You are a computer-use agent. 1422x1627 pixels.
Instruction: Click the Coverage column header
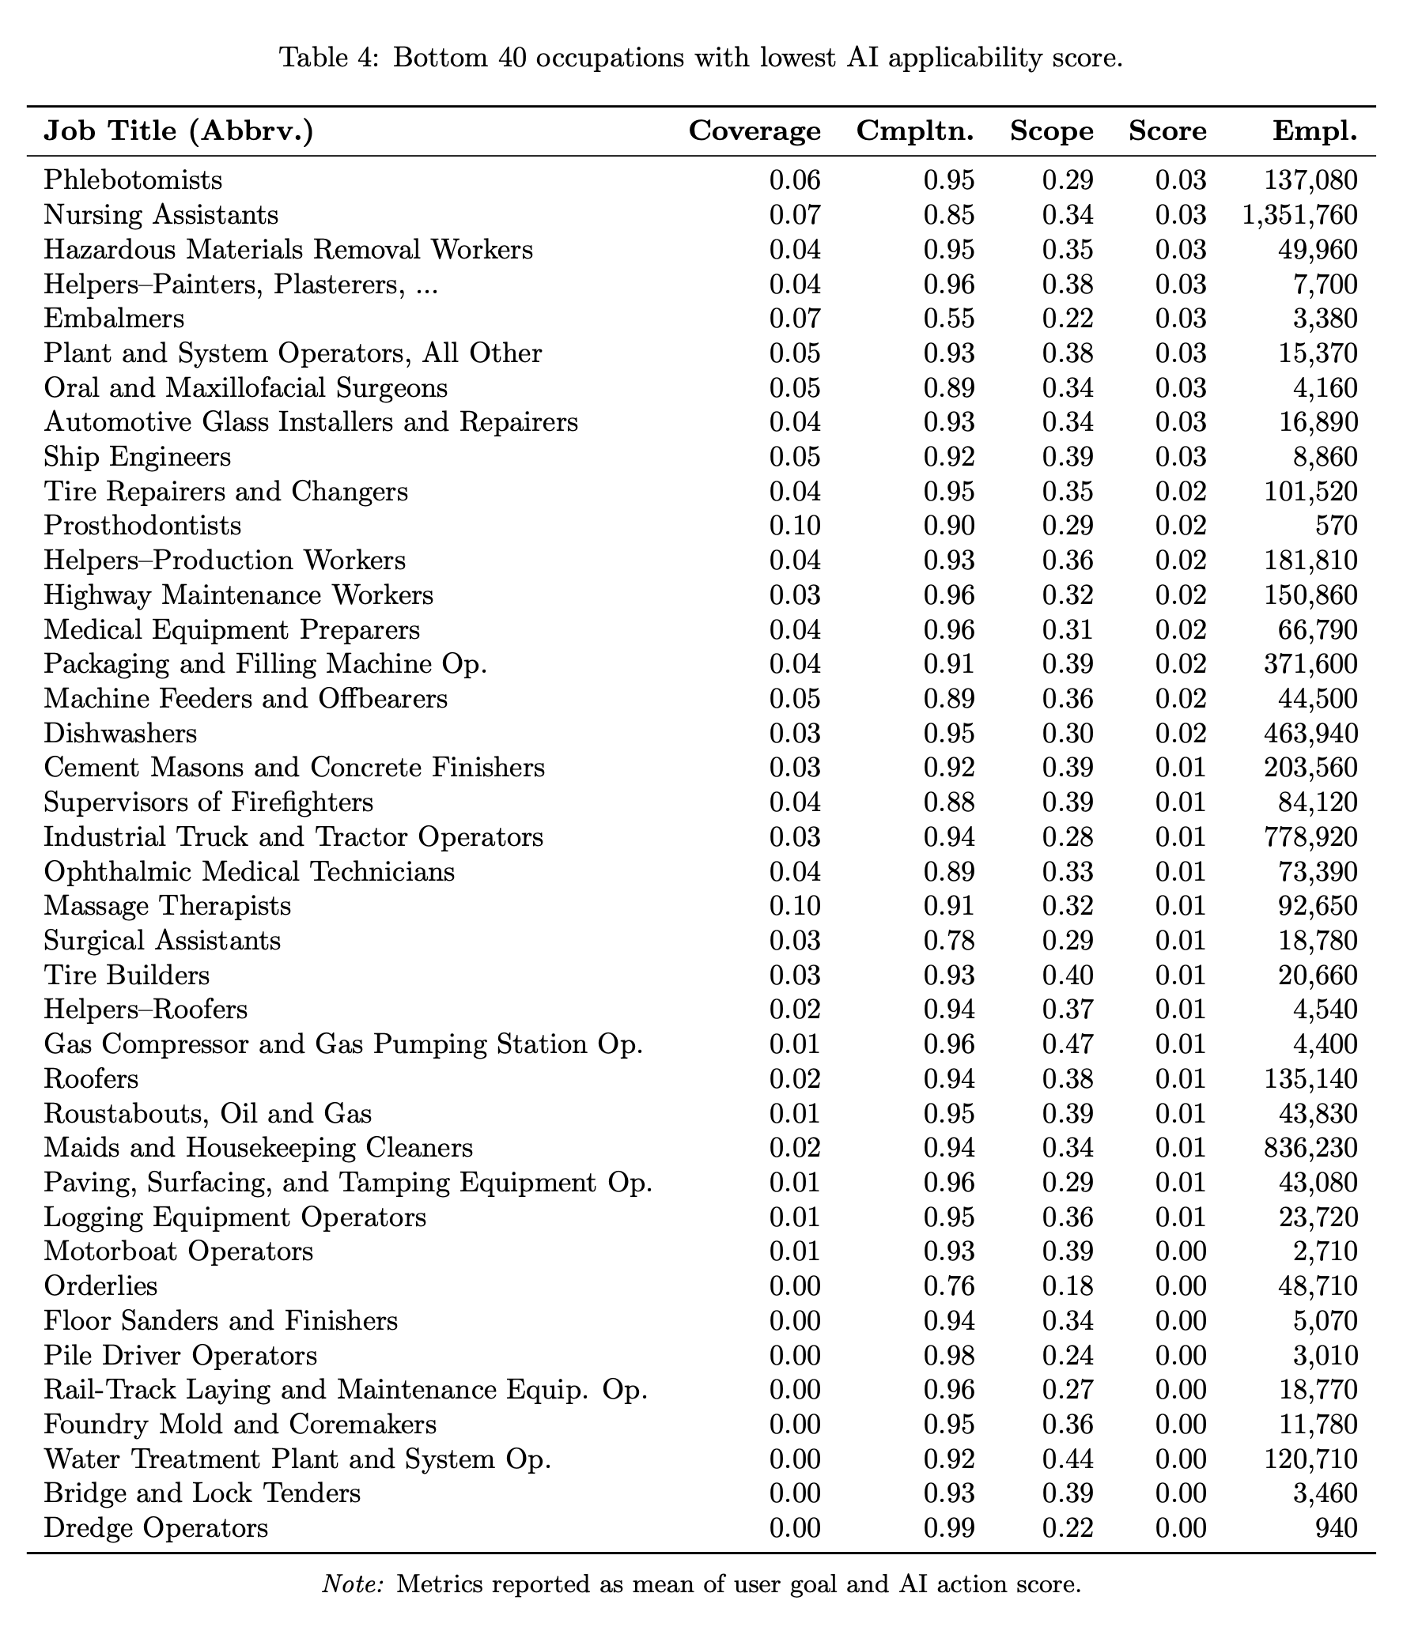[754, 131]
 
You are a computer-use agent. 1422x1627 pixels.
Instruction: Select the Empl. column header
[1314, 131]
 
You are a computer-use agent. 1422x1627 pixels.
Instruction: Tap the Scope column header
[1051, 131]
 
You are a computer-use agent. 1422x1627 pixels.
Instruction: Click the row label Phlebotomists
[133, 180]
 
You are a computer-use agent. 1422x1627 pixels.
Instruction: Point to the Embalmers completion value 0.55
[949, 319]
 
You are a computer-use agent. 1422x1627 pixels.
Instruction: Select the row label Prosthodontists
[142, 526]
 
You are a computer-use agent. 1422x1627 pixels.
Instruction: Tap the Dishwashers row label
[120, 733]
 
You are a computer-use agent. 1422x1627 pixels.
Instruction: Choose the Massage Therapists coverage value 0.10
[795, 906]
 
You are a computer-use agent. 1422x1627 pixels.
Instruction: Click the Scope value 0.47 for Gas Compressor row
[1068, 1044]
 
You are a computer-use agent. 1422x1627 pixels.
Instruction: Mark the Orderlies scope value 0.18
[1068, 1286]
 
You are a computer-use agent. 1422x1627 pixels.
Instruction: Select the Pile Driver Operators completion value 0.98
[949, 1355]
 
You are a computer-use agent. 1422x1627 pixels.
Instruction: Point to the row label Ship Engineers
[138, 457]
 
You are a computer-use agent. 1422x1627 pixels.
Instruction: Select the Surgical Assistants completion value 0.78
[949, 941]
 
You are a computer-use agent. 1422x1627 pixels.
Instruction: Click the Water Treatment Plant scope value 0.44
[1068, 1459]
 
